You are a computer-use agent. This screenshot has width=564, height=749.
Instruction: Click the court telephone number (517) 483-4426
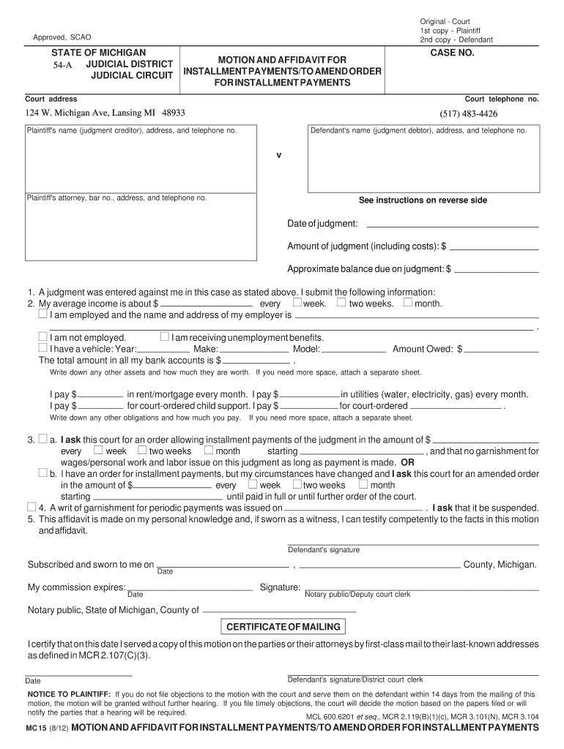point(468,114)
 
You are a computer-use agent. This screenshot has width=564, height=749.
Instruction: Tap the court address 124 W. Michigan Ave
point(105,113)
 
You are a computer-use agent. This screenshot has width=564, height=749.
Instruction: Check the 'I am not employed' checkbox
point(42,337)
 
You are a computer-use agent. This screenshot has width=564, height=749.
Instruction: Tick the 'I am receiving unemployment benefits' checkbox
point(164,337)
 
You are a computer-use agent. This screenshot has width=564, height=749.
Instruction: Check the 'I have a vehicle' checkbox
point(42,348)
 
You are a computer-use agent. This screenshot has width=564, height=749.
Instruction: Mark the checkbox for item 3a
point(43,440)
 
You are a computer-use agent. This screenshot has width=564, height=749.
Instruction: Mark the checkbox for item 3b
point(42,473)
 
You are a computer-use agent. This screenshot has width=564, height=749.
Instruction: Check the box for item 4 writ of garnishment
point(31,507)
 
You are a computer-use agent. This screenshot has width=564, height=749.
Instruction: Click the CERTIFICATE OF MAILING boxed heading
point(283,627)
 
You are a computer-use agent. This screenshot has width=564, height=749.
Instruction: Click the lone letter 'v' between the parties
point(278,156)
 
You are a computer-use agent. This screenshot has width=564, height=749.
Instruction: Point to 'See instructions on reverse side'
point(422,200)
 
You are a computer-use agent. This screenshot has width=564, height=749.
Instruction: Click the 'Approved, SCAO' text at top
point(62,37)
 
